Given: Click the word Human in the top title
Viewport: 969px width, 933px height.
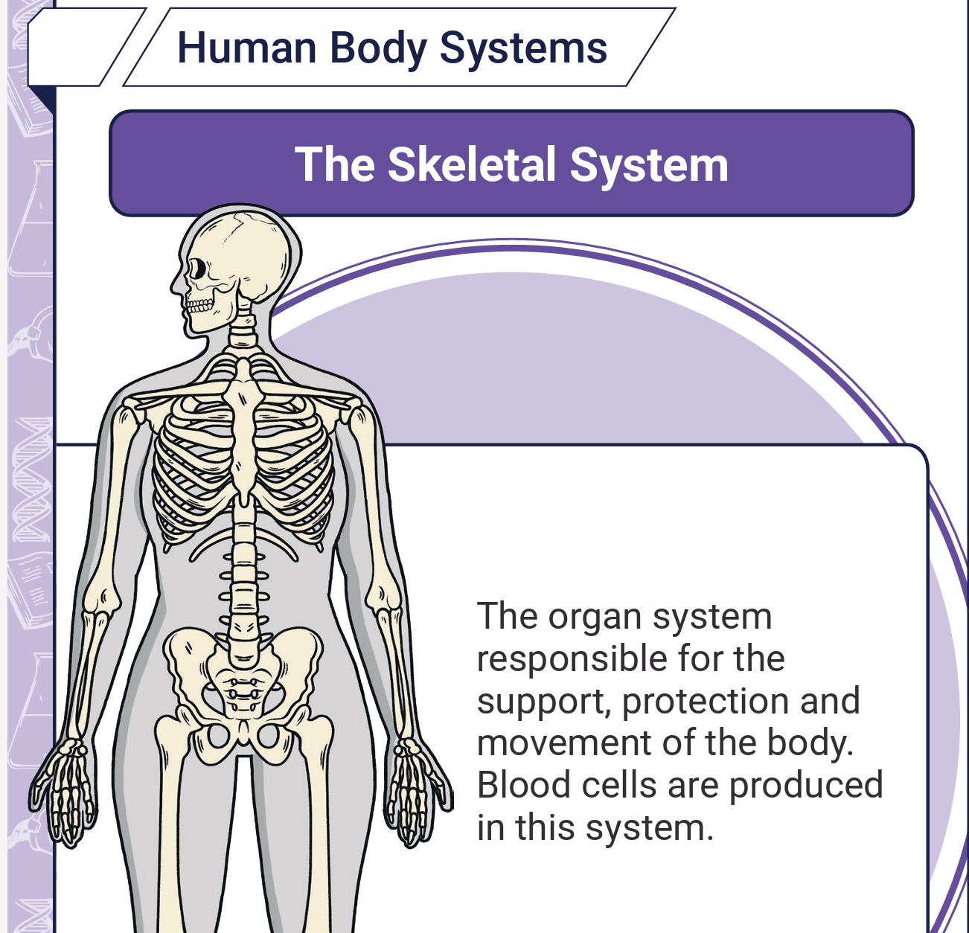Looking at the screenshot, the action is coord(247,48).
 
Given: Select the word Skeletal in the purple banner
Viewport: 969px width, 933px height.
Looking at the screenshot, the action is coord(472,164).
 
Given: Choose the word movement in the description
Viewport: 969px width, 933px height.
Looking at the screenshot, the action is coord(563,743).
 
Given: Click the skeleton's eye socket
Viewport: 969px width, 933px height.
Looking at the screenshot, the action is coord(198,269).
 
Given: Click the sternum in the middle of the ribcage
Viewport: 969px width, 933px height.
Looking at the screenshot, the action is coord(243,428).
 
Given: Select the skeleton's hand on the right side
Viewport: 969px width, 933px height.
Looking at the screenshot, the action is coord(418,792).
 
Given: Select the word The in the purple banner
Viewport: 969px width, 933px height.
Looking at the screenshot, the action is coord(335,164).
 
